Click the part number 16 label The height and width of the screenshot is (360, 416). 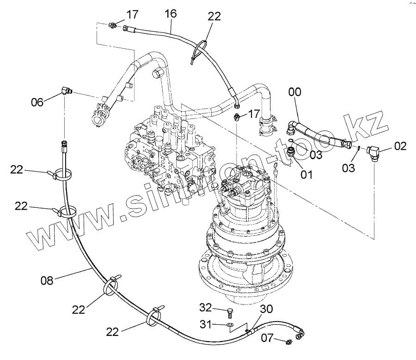pyautogui.click(x=171, y=14)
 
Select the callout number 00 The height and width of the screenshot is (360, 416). pyautogui.click(x=294, y=93)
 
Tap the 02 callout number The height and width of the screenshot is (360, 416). pyautogui.click(x=400, y=147)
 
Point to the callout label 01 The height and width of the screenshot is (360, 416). pyautogui.click(x=306, y=174)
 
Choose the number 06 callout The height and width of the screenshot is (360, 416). pyautogui.click(x=37, y=102)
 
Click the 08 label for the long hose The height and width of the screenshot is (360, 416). pyautogui.click(x=48, y=279)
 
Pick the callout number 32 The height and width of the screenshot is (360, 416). pyautogui.click(x=206, y=307)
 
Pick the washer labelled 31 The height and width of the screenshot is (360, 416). pyautogui.click(x=231, y=326)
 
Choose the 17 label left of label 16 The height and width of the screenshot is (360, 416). pyautogui.click(x=132, y=14)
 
